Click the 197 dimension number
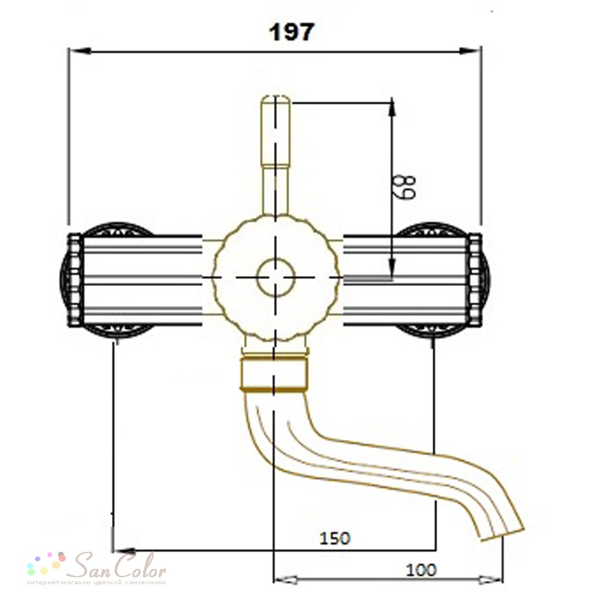pyautogui.click(x=291, y=32)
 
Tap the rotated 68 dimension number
pyautogui.click(x=407, y=187)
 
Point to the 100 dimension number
pyautogui.click(x=421, y=570)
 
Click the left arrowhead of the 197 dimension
pyautogui.click(x=80, y=50)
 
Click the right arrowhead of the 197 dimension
pyautogui.click(x=470, y=50)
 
